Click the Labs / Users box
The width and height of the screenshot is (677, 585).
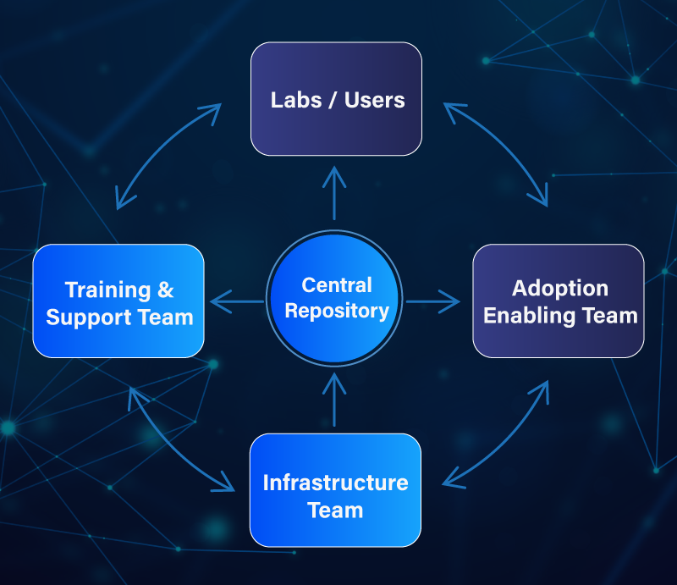click(x=336, y=99)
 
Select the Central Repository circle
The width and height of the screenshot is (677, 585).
click(x=336, y=300)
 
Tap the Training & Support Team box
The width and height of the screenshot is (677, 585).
click(x=118, y=301)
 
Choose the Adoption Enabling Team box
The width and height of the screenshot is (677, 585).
click(x=559, y=301)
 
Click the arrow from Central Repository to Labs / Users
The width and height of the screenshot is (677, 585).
click(x=335, y=193)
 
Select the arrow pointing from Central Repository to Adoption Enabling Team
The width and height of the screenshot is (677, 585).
click(x=432, y=301)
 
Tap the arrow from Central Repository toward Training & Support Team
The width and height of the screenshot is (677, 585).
click(x=238, y=301)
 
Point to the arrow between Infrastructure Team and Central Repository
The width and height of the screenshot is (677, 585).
click(x=335, y=399)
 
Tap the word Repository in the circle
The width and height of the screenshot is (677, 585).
click(x=337, y=311)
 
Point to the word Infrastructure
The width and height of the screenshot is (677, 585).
click(x=335, y=483)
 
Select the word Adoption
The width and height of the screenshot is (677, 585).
click(x=559, y=289)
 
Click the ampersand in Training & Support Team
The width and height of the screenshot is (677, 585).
click(x=165, y=290)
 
